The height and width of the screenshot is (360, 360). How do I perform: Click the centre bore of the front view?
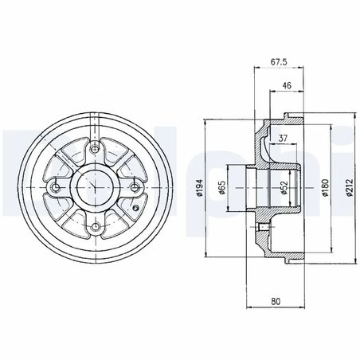(96, 188)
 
